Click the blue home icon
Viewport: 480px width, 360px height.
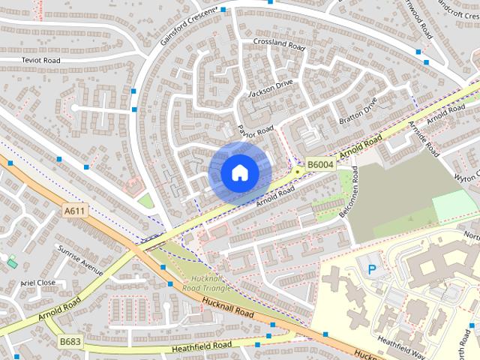pos(239,173)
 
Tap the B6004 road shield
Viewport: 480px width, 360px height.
pos(320,163)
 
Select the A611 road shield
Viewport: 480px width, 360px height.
pos(75,211)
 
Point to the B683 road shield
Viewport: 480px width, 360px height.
pos(70,341)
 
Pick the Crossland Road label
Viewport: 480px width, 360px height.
pos(280,44)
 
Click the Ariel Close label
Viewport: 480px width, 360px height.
pos(38,283)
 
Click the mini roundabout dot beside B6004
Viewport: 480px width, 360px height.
pos(298,171)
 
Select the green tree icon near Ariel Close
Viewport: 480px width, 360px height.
pos(12,262)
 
